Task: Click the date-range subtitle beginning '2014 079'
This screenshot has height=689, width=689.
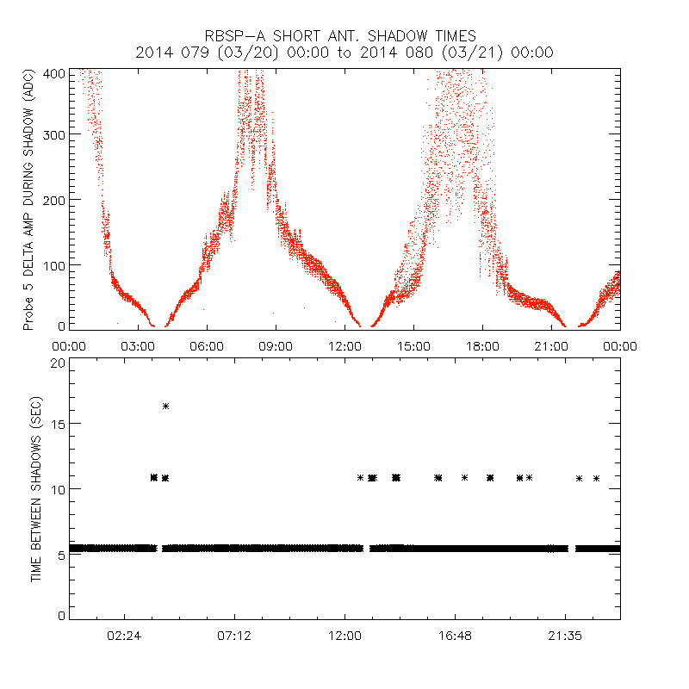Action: click(x=344, y=52)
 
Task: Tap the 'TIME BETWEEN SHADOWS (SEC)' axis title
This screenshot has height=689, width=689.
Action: click(x=36, y=488)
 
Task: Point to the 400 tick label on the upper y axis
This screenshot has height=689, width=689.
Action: click(x=53, y=73)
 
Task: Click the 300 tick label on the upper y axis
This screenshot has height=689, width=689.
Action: click(x=53, y=134)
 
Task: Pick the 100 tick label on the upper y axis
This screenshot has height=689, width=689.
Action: click(x=53, y=264)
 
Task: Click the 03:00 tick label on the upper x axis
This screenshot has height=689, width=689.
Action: click(x=138, y=344)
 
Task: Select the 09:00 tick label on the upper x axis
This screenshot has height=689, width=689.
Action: click(x=276, y=344)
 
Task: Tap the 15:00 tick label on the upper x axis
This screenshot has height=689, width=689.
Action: click(x=413, y=344)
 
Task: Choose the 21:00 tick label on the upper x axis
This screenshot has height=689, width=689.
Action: click(x=551, y=344)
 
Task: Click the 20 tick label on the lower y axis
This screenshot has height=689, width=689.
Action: click(x=57, y=363)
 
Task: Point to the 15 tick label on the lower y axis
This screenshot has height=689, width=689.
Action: click(x=57, y=424)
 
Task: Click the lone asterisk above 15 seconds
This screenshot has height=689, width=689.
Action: click(x=165, y=406)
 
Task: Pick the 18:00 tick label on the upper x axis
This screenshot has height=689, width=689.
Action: click(x=482, y=344)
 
